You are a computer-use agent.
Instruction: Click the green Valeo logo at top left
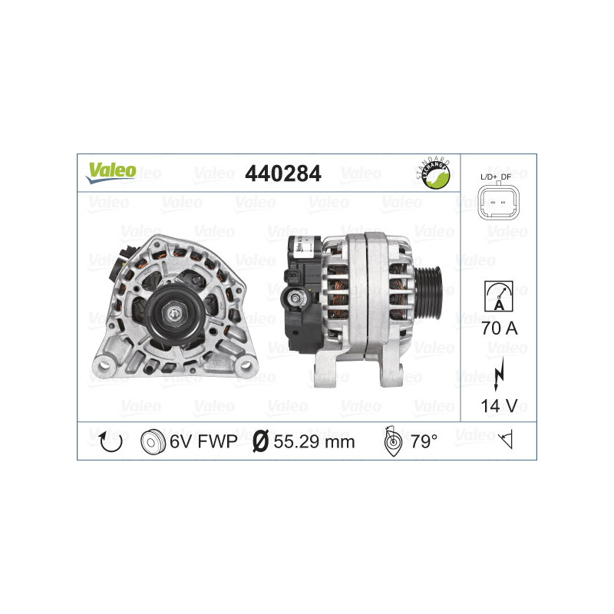(111, 172)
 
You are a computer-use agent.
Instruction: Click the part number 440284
(282, 174)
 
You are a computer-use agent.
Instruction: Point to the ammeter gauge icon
(498, 295)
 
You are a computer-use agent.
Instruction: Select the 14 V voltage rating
(498, 406)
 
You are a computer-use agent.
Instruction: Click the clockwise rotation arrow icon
(111, 441)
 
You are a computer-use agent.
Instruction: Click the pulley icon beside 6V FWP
(153, 441)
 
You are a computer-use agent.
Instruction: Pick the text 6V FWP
(203, 441)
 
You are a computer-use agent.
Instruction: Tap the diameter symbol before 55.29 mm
(260, 441)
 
